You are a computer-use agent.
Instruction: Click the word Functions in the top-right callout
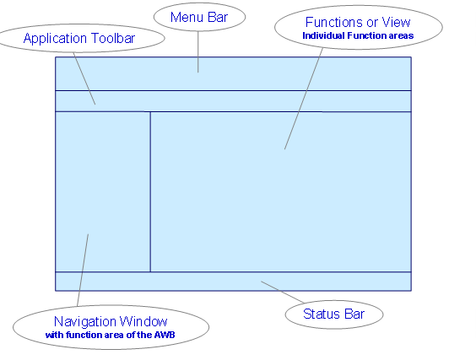pyautogui.click(x=332, y=22)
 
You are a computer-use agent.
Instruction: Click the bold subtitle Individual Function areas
pyautogui.click(x=359, y=36)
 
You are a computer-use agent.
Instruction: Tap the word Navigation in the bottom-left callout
pyautogui.click(x=89, y=321)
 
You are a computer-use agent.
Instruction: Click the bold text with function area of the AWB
pyautogui.click(x=111, y=335)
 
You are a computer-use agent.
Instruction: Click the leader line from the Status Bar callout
pyautogui.click(x=283, y=292)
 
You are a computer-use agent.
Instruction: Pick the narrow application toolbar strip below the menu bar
pyautogui.click(x=253, y=100)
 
